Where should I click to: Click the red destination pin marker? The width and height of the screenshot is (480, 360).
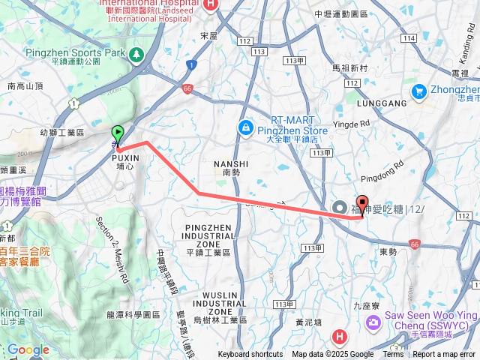point(362,204)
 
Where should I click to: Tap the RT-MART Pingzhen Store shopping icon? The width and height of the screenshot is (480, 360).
point(244,129)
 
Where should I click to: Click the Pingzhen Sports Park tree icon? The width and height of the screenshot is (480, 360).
point(136,54)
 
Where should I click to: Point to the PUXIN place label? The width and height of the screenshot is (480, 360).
point(125,159)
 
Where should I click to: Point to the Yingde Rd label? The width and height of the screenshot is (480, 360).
point(355,123)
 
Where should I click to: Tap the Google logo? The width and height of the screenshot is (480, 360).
point(28,349)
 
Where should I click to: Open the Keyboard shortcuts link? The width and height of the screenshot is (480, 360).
point(250,355)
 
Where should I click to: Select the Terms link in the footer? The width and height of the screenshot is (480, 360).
point(393,355)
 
